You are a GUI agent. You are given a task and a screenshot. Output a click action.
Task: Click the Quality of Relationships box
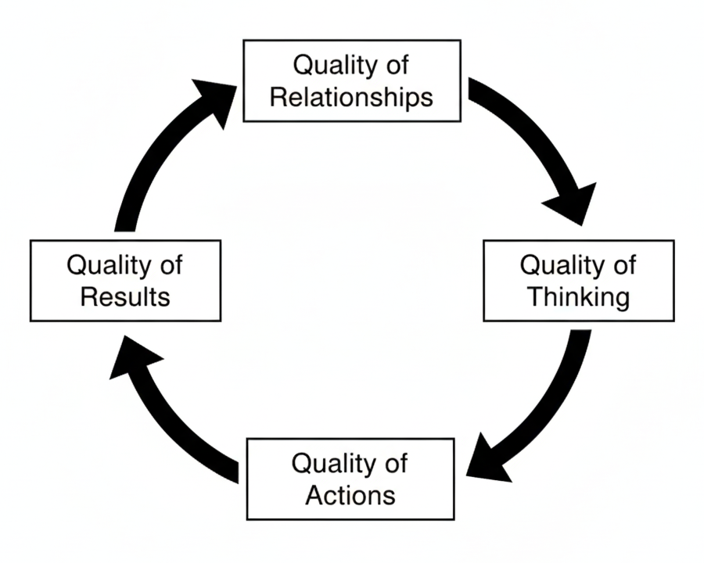(351, 81)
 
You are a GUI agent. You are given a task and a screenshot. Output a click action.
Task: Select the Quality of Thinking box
(578, 281)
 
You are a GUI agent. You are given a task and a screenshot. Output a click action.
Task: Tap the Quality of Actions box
(350, 479)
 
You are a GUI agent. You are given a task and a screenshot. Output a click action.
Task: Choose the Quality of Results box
(125, 281)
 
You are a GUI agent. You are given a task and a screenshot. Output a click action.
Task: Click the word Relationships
(351, 97)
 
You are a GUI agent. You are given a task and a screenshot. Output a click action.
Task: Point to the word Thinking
(578, 297)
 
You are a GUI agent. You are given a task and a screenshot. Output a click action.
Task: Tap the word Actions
(350, 495)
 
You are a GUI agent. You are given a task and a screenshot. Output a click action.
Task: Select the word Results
(125, 297)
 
